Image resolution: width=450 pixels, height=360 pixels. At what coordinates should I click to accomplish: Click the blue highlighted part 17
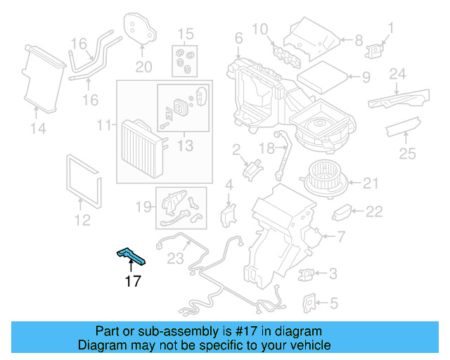[132, 257]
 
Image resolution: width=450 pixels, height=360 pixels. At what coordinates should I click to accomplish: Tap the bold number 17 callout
[133, 281]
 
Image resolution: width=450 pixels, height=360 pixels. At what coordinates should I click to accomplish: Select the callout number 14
[38, 128]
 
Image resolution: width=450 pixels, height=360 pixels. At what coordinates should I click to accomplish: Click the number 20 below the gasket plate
[143, 67]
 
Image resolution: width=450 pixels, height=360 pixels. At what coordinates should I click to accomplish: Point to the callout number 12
[82, 221]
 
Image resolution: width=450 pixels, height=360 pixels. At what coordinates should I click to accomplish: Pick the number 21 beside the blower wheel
[371, 184]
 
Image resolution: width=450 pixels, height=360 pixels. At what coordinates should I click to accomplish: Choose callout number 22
[374, 210]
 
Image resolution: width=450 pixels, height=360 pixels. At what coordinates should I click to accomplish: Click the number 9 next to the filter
[366, 77]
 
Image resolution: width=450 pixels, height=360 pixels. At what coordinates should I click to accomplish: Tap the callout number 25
[407, 154]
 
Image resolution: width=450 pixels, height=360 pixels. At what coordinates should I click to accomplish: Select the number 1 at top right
[392, 29]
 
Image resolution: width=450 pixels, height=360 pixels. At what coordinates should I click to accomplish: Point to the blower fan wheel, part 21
[323, 180]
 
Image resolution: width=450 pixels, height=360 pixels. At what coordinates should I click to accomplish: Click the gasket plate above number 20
[141, 26]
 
